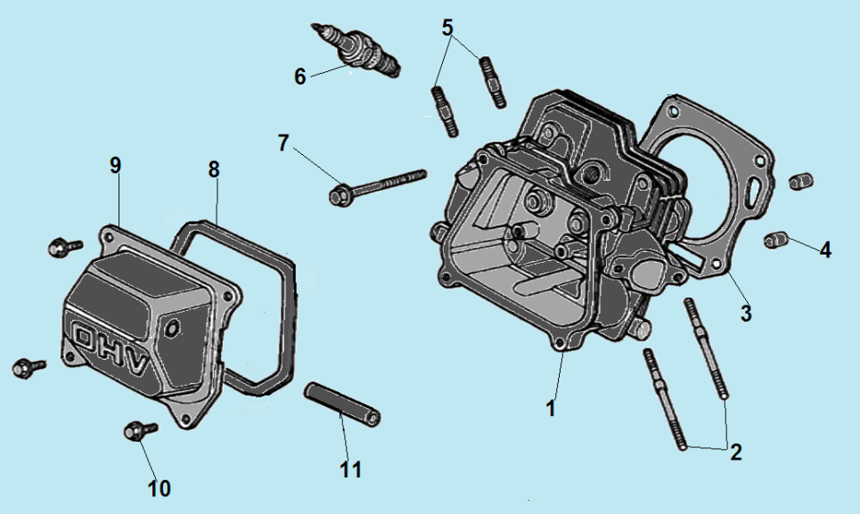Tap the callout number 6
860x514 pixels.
coord(300,77)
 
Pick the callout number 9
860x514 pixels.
coord(115,165)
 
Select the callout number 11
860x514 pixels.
coord(351,469)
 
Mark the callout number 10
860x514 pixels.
coord(160,487)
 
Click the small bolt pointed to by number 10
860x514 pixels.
coord(138,431)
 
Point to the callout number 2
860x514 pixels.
coord(735,451)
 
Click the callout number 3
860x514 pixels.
coord(746,314)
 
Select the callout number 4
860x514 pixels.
coord(825,250)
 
